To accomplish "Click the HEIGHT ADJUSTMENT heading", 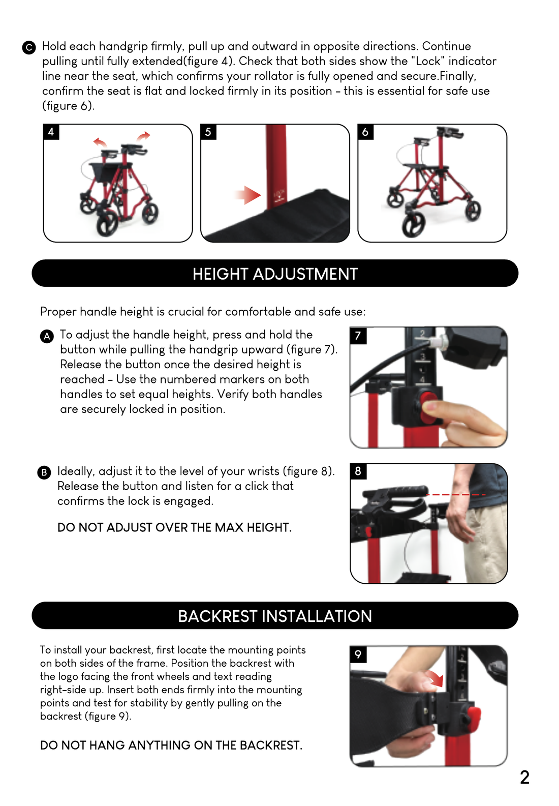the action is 275,274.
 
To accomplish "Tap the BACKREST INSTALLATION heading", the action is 275,616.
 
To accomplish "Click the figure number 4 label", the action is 51,132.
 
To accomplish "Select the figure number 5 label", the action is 208,132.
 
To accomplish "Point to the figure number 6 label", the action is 365,132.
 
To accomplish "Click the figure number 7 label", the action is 358,336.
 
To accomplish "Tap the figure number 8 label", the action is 358,471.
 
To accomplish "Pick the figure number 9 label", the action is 358,654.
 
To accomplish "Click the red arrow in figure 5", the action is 247,195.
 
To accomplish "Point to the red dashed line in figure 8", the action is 456,495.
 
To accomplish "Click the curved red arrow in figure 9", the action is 435,677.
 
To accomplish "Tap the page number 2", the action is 525,777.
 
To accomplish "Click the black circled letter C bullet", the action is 29,48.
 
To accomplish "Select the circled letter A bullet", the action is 47,337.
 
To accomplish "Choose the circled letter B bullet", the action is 44,472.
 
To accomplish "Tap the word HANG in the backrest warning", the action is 106,745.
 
